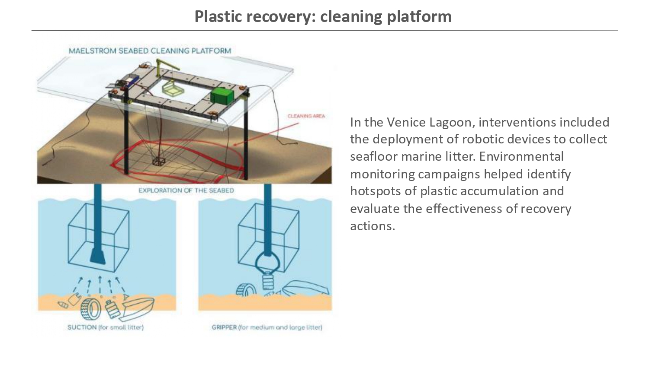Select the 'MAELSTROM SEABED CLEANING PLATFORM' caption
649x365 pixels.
pyautogui.click(x=150, y=51)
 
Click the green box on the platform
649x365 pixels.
pyautogui.click(x=222, y=95)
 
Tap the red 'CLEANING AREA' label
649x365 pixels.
pyautogui.click(x=306, y=116)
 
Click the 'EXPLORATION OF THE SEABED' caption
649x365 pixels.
pyautogui.click(x=186, y=190)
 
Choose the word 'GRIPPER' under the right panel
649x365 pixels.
pyautogui.click(x=224, y=327)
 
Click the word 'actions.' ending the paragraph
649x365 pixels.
pyautogui.click(x=373, y=225)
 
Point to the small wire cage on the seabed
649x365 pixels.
pyautogui.click(x=159, y=161)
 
